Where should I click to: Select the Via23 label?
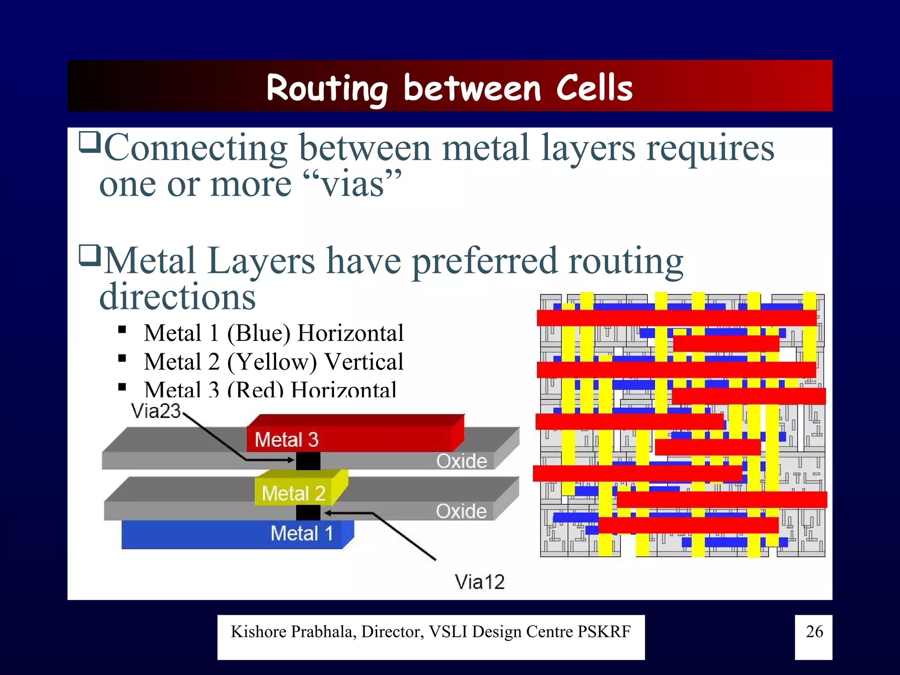156,411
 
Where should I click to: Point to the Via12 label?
479,582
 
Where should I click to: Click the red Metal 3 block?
352,435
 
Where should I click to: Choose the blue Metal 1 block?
237,534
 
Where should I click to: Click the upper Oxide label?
461,461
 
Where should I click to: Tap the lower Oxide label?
461,511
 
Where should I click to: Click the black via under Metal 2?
308,512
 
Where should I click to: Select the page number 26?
814,631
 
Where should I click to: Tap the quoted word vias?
353,184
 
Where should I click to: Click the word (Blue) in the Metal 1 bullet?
258,333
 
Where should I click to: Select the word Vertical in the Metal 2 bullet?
364,362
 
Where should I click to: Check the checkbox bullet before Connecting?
90,142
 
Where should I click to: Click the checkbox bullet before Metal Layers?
90,256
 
